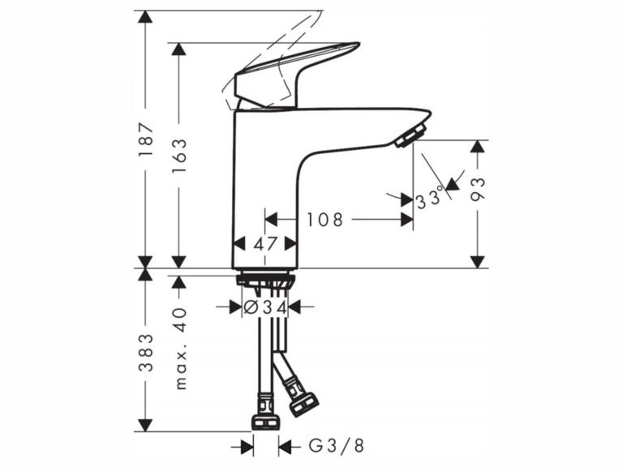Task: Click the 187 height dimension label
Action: pyautogui.click(x=145, y=139)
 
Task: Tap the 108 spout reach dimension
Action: pyautogui.click(x=324, y=219)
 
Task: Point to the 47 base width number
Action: pyautogui.click(x=264, y=243)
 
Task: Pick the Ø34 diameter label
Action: pyautogui.click(x=265, y=307)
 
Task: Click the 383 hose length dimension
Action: pyautogui.click(x=145, y=351)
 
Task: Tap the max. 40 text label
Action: pyautogui.click(x=179, y=348)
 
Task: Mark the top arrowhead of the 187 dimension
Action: pyautogui.click(x=145, y=17)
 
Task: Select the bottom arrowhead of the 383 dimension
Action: pyautogui.click(x=145, y=425)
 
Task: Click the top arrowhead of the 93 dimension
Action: pyautogui.click(x=478, y=147)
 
